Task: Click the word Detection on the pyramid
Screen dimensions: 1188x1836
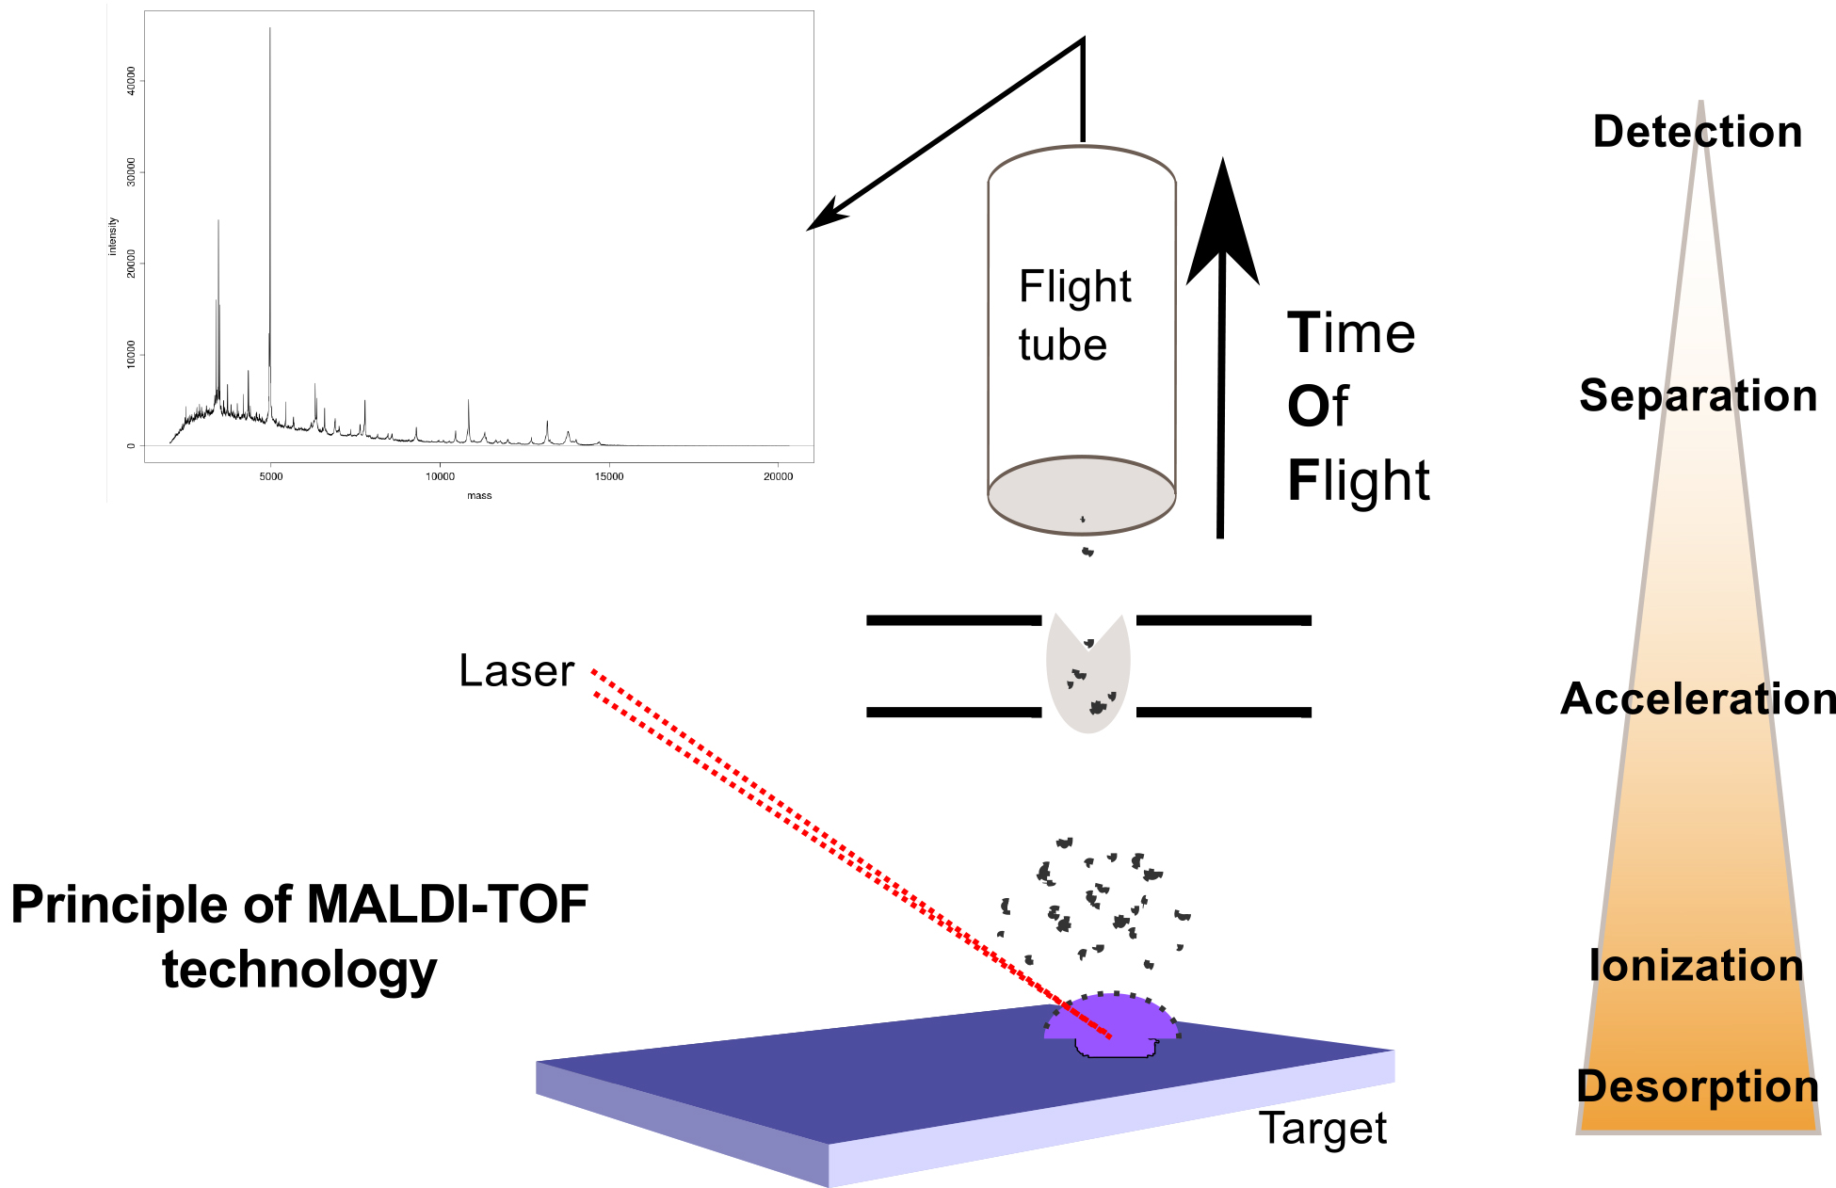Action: [x=1697, y=132]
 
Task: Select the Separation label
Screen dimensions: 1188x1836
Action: [x=1698, y=396]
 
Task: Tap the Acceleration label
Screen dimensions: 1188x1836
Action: [x=1698, y=699]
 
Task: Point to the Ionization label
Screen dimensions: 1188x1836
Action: [x=1696, y=966]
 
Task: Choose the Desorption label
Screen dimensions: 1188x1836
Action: [x=1697, y=1086]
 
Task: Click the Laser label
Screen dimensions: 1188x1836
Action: [x=516, y=671]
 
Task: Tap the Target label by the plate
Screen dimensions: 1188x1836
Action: [x=1323, y=1128]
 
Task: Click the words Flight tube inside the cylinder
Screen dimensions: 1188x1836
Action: [x=1073, y=315]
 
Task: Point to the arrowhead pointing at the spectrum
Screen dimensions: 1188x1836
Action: [x=824, y=217]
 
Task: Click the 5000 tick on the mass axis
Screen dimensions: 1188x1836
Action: [x=271, y=476]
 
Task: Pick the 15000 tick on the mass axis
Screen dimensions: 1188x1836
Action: [x=608, y=476]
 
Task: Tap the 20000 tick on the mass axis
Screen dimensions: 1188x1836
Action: [x=778, y=476]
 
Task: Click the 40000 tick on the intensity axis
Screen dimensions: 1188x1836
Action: [x=131, y=81]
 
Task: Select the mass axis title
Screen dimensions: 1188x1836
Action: [x=479, y=495]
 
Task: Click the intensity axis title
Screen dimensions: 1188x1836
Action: [x=113, y=236]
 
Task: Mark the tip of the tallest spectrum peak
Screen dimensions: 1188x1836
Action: [x=270, y=29]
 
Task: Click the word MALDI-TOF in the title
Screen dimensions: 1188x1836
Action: [x=447, y=905]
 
